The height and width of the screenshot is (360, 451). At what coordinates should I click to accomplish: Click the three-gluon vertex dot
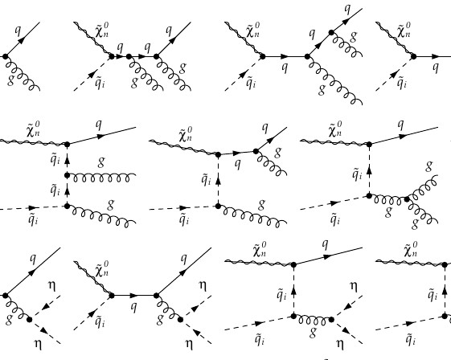(407, 198)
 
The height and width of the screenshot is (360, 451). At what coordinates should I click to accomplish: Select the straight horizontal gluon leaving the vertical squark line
(101, 178)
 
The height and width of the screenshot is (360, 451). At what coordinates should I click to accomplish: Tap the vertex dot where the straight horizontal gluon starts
(67, 175)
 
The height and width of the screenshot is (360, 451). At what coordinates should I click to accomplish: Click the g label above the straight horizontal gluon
(101, 163)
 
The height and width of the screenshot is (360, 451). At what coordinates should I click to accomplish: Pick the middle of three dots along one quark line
(129, 56)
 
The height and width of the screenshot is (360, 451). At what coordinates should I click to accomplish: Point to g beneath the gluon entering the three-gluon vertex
(388, 212)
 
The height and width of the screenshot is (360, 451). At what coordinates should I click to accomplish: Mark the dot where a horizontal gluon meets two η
(331, 319)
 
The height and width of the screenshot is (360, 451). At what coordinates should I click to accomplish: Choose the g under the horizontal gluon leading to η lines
(313, 332)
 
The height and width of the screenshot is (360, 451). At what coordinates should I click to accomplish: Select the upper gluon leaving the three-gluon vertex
(422, 187)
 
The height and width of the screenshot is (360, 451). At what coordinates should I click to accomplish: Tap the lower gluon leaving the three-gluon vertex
(422, 211)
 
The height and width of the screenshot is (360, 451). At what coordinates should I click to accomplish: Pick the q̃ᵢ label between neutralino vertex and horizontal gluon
(55, 160)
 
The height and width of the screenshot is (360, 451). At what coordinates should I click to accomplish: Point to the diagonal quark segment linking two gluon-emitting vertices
(319, 44)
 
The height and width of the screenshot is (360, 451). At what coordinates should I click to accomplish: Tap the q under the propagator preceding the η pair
(133, 307)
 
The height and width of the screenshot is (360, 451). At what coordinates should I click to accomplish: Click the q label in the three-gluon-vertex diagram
(400, 125)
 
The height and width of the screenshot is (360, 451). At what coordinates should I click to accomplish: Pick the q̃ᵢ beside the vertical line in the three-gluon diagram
(358, 174)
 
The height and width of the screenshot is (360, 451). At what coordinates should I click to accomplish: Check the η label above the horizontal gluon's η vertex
(354, 286)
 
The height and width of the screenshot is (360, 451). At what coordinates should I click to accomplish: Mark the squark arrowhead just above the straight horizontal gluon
(67, 161)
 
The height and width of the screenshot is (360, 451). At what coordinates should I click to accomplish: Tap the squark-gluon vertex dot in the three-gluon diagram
(369, 196)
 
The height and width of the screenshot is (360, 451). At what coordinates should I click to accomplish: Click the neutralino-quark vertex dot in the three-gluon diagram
(369, 145)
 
